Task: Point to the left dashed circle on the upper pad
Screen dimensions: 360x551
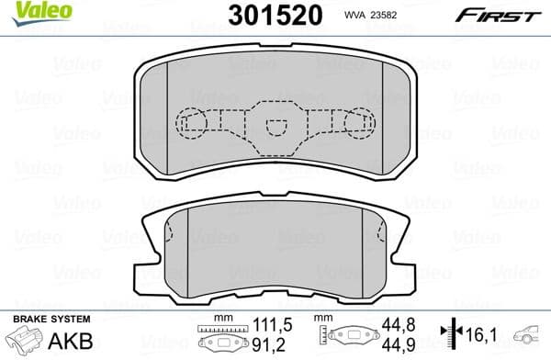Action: [x=191, y=121]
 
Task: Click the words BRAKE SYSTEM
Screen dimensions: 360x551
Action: [x=51, y=319]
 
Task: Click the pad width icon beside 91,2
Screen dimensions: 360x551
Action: [x=220, y=340]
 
